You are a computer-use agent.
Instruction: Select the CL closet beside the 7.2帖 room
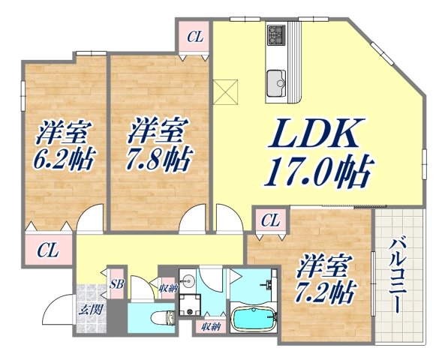pyautogui.click(x=271, y=220)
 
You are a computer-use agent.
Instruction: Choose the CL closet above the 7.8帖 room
pyautogui.click(x=194, y=36)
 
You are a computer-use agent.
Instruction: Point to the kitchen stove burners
pyautogui.click(x=275, y=35)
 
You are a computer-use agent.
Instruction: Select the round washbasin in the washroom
pyautogui.click(x=188, y=283)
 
